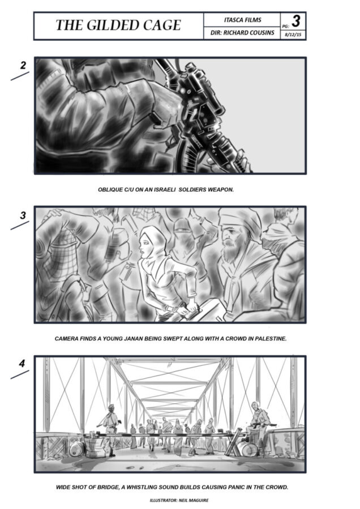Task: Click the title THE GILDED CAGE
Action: coord(118,25)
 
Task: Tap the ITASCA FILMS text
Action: coord(242,20)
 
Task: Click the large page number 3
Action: coord(295,21)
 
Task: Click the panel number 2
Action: coord(23,65)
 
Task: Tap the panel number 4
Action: coord(22,363)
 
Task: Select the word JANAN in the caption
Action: coord(133,339)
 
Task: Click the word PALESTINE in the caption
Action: coord(271,339)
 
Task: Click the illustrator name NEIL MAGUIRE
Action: coord(194,501)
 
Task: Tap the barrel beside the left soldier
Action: coord(77,448)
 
